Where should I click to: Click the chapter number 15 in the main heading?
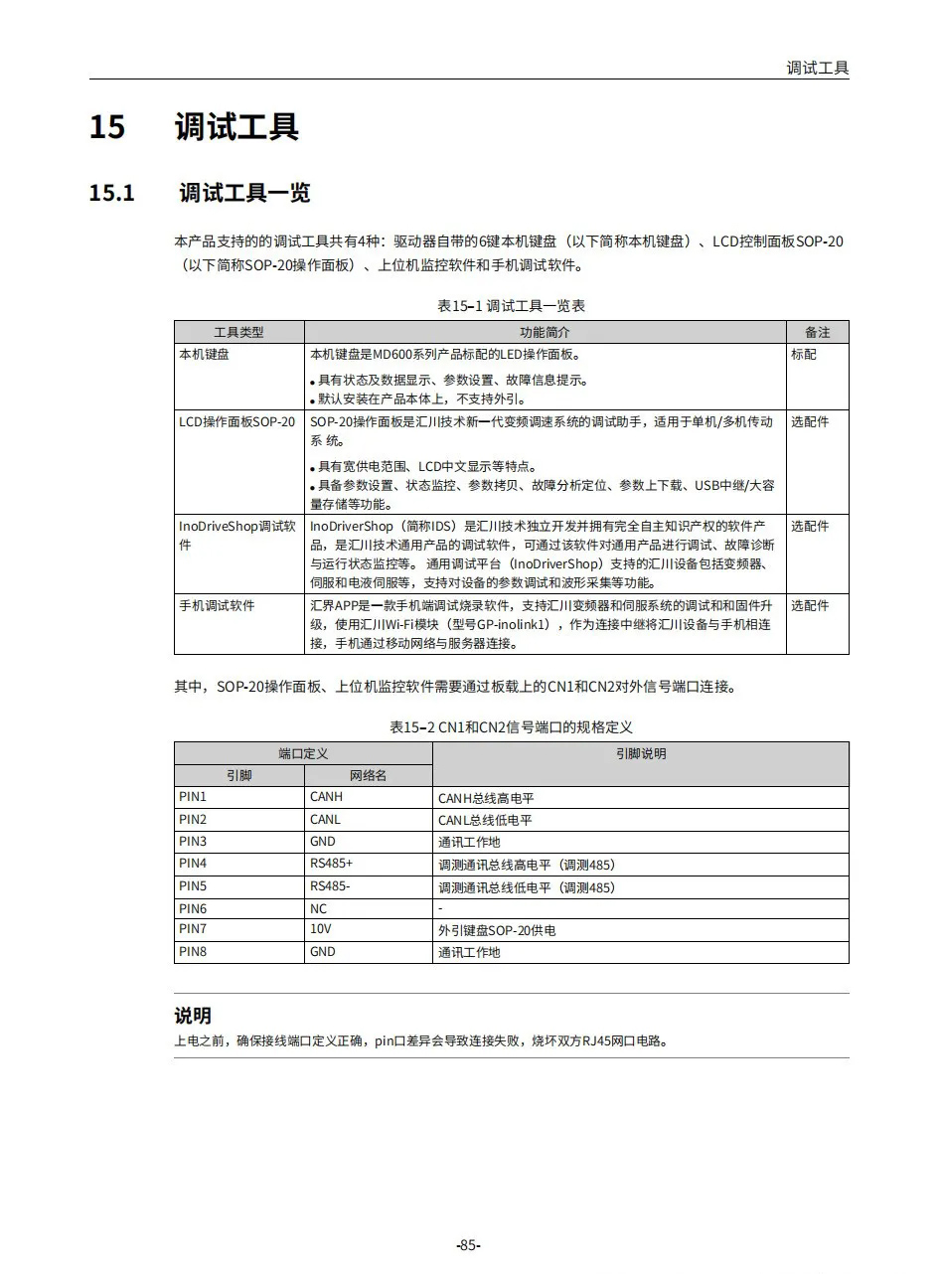click(x=107, y=128)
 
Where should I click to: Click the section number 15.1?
click(x=112, y=193)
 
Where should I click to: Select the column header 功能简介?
click(x=545, y=332)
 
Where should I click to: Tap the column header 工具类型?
click(x=238, y=332)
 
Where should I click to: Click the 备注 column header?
click(x=817, y=332)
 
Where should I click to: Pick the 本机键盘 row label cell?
click(x=204, y=354)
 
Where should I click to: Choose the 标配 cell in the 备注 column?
click(x=804, y=354)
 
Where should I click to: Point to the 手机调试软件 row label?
click(x=217, y=605)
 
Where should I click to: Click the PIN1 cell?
click(x=193, y=797)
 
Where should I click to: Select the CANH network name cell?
click(x=326, y=797)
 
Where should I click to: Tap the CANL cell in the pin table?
click(x=325, y=820)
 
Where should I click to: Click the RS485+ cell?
click(x=331, y=864)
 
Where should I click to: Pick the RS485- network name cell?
click(x=330, y=885)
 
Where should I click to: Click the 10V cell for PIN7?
click(x=320, y=930)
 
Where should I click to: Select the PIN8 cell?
click(x=193, y=952)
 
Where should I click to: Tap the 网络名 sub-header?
click(x=368, y=775)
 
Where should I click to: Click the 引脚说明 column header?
click(x=641, y=754)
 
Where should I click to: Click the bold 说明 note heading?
click(x=193, y=1016)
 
